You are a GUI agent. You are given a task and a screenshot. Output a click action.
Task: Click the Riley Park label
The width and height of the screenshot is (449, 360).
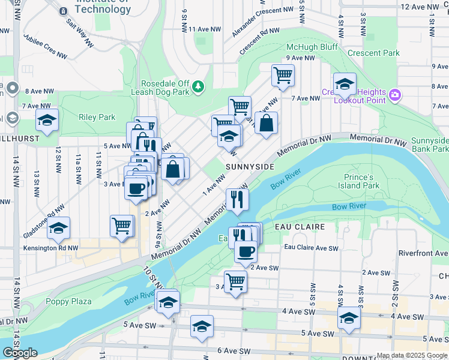[x=97, y=117]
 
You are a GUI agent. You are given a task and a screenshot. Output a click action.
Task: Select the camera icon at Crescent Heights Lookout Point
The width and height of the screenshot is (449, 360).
[x=394, y=94]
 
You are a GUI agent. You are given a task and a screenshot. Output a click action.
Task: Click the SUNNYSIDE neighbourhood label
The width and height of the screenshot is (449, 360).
[x=250, y=166]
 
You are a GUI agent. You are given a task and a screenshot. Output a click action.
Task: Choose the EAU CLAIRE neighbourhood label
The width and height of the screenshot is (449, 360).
[x=300, y=227]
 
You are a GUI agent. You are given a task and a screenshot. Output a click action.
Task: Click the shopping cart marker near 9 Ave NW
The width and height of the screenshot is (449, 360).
[x=282, y=76]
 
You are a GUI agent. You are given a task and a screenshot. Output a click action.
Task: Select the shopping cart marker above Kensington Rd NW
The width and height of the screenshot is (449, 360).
[x=121, y=226]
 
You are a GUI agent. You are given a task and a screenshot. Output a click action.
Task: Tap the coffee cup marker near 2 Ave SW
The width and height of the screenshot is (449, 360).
[x=245, y=251]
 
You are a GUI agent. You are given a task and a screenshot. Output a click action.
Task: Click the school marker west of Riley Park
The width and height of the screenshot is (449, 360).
[x=47, y=120]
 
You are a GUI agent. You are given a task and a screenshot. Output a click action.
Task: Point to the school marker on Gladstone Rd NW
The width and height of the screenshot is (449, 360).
[x=58, y=229]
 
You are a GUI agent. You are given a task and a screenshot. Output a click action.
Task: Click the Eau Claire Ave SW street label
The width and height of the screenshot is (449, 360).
[x=311, y=247]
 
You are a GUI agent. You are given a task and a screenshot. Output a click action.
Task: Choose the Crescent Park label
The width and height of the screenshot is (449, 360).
[x=373, y=53]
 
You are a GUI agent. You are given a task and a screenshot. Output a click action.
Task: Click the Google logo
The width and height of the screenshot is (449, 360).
[x=20, y=353]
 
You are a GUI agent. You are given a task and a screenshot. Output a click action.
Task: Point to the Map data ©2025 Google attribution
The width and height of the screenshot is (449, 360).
[x=412, y=355]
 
